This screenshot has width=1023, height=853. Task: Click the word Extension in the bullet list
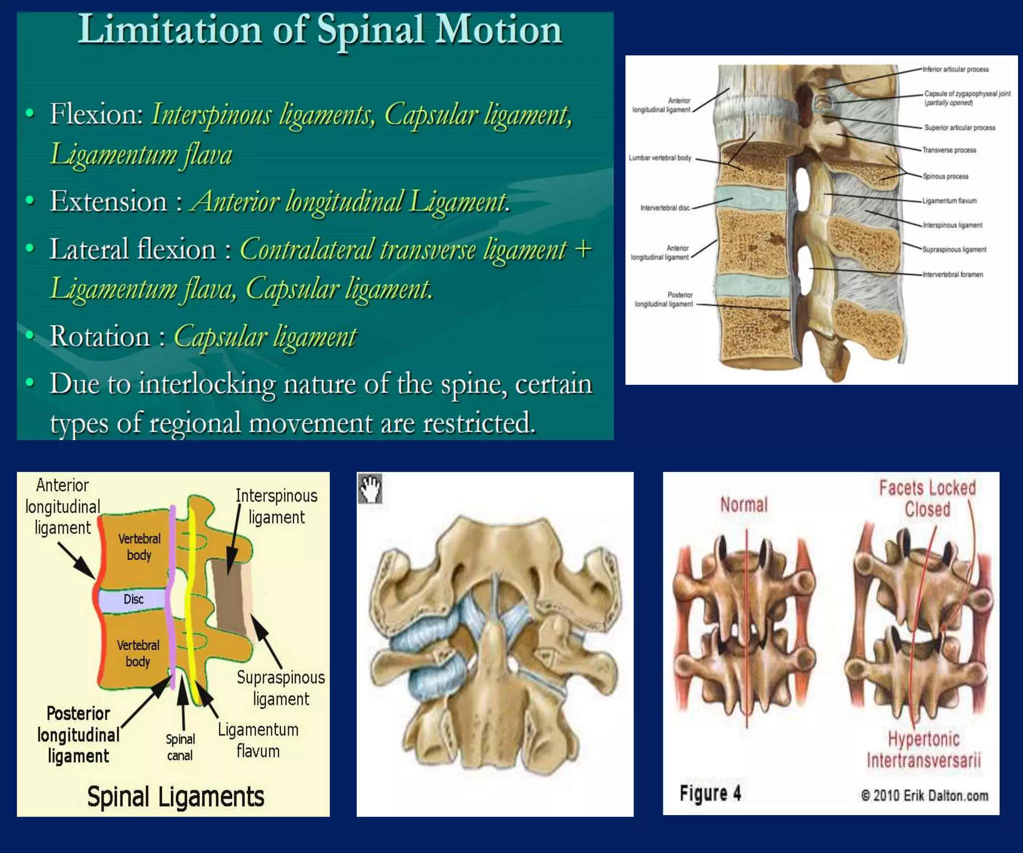108,202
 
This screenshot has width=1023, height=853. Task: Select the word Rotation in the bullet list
99,336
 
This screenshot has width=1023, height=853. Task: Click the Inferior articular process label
955,69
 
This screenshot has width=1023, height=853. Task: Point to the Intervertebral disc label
664,208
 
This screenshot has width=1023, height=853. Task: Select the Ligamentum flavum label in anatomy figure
949,201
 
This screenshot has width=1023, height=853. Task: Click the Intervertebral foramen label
952,275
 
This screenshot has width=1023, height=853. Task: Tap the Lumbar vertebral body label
659,158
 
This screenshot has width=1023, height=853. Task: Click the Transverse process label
949,150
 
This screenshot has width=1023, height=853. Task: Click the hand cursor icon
370,488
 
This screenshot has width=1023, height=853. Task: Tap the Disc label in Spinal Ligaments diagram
133,599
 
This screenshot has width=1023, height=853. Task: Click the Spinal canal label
180,747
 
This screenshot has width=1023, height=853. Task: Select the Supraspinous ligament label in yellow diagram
281,688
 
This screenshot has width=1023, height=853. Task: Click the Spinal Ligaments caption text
175,797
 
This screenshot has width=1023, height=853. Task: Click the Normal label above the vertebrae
743,505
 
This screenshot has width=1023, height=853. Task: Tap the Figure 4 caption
710,793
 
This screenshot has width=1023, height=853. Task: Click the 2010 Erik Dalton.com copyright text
924,796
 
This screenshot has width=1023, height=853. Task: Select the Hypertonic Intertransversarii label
924,750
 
